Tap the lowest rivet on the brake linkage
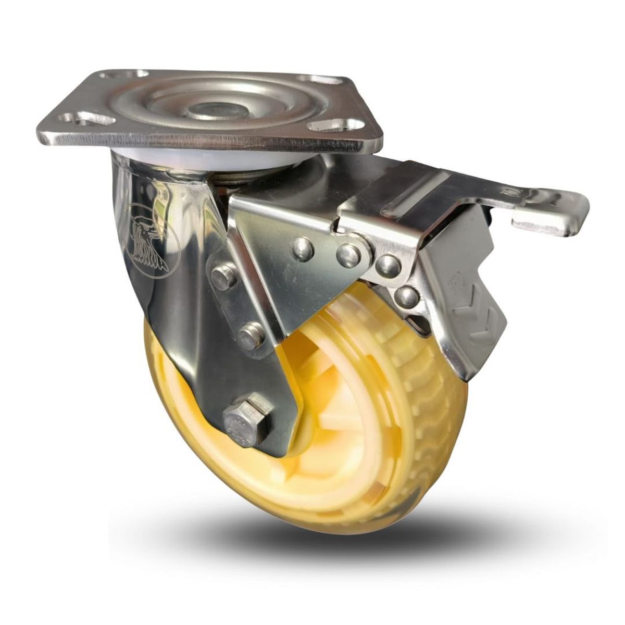[406, 298]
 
